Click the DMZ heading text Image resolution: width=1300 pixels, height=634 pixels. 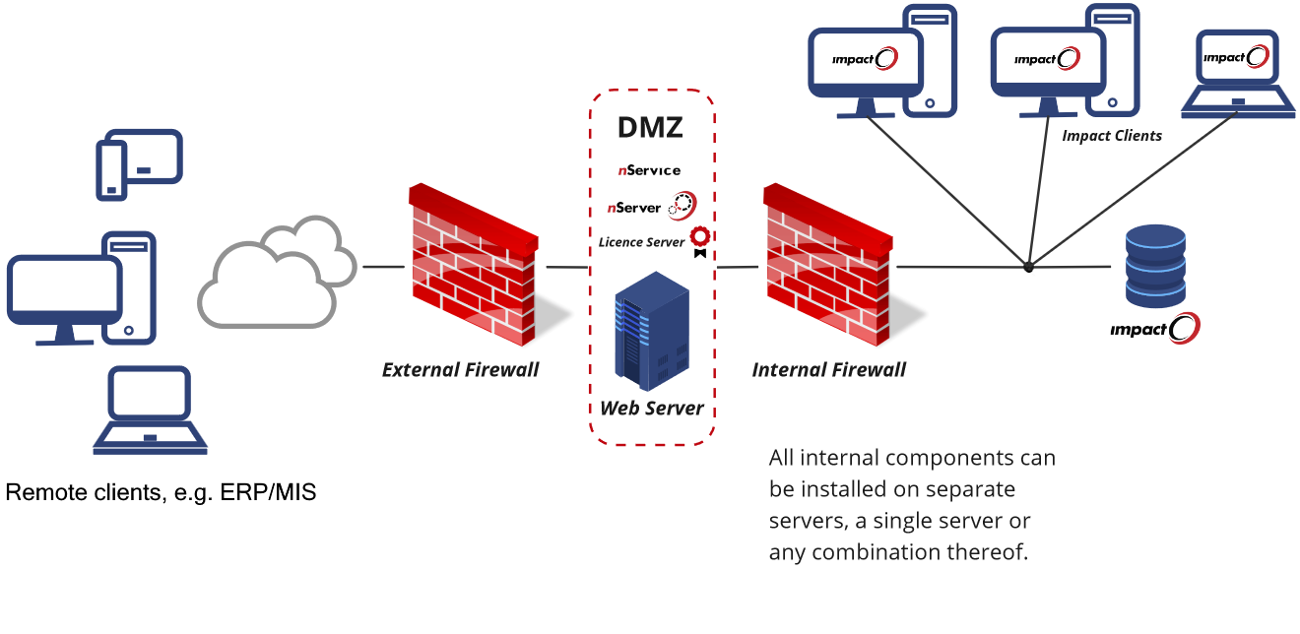tap(650, 128)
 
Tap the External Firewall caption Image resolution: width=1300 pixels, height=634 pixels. tap(461, 370)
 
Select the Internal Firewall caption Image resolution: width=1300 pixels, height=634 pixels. tap(829, 370)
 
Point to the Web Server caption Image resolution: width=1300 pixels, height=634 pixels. tap(652, 408)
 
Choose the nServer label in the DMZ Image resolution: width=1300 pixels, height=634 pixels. tap(634, 208)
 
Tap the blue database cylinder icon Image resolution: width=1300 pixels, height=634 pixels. tap(1155, 261)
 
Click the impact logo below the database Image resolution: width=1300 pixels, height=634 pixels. tap(1154, 329)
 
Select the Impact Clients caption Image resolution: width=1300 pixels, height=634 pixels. tap(1112, 136)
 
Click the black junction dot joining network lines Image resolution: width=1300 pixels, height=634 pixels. tap(1028, 267)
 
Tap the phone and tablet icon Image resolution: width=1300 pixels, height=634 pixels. tap(139, 164)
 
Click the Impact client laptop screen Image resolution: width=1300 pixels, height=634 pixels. tap(1236, 58)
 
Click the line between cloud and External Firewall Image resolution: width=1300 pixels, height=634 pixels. tap(383, 267)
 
